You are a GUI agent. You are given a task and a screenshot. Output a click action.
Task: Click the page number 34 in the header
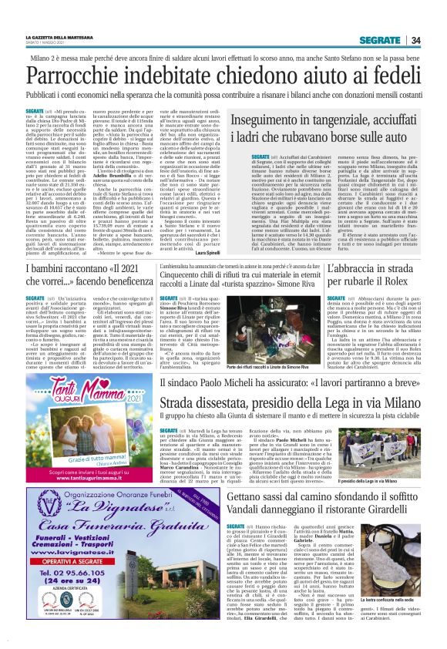coord(415,40)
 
